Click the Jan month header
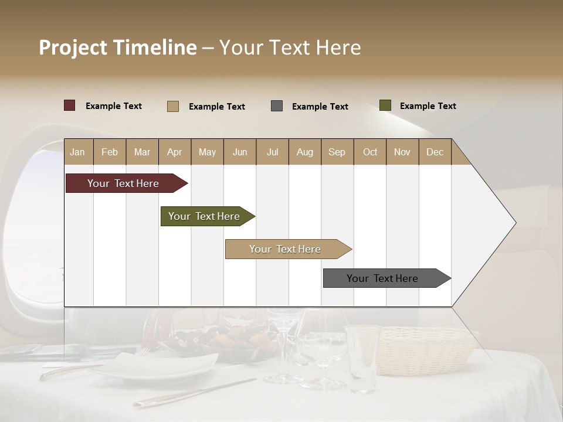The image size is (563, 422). tap(77, 152)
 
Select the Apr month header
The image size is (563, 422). tap(174, 152)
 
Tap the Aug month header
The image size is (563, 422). tap(304, 152)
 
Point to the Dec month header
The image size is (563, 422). tap(435, 152)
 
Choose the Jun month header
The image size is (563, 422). tap(239, 152)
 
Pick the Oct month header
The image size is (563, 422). tap(369, 152)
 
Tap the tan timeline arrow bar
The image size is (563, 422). tap(286, 249)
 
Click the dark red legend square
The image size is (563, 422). tap(70, 105)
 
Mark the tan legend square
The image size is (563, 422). tap(173, 106)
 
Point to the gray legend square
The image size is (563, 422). tap(277, 106)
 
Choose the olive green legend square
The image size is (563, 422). tap(385, 105)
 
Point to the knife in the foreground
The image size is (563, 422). tap(194, 393)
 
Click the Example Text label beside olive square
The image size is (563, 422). tap(428, 106)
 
